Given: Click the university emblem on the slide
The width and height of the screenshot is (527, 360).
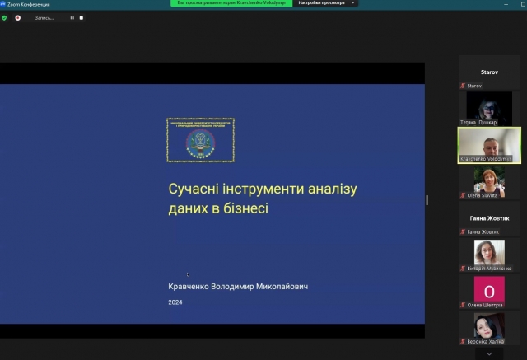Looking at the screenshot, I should (x=200, y=139).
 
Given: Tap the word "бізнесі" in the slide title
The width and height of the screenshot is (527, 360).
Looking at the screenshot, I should (x=244, y=208).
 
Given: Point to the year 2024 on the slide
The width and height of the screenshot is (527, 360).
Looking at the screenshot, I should (x=175, y=302).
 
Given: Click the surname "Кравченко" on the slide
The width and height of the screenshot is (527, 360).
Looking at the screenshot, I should (x=194, y=287).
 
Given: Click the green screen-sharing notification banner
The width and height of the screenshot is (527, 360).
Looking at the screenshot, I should (x=232, y=3).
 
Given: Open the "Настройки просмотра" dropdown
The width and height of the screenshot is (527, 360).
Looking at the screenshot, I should (x=327, y=3).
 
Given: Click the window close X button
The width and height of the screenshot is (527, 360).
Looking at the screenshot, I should (x=517, y=4).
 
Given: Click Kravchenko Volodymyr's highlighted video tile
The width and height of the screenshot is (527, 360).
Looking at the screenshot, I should (x=489, y=144).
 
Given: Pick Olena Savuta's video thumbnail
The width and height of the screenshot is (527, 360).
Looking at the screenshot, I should (x=489, y=183).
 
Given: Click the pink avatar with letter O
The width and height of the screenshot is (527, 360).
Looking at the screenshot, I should (x=489, y=291).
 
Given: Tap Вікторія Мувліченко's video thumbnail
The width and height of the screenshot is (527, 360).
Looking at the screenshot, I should (x=489, y=252).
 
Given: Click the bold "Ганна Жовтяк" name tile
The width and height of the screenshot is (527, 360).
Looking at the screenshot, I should (x=489, y=217).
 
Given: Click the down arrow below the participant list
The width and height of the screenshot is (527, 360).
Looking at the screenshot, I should (x=489, y=353).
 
